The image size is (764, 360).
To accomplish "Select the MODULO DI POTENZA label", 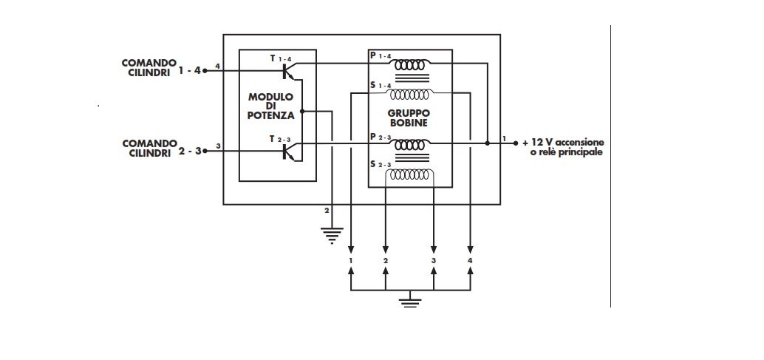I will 271,106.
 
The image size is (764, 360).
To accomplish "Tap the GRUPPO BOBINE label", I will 408,118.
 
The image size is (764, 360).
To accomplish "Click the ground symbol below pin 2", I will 332,235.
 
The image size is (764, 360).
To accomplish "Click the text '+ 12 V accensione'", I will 563,142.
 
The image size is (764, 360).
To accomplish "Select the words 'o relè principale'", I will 567,152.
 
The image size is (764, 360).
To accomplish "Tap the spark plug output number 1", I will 352,261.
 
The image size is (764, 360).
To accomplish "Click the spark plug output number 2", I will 385,261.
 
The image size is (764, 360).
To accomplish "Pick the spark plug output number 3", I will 434,261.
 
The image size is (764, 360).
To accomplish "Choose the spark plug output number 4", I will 471,261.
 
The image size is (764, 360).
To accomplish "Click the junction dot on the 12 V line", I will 487,143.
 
